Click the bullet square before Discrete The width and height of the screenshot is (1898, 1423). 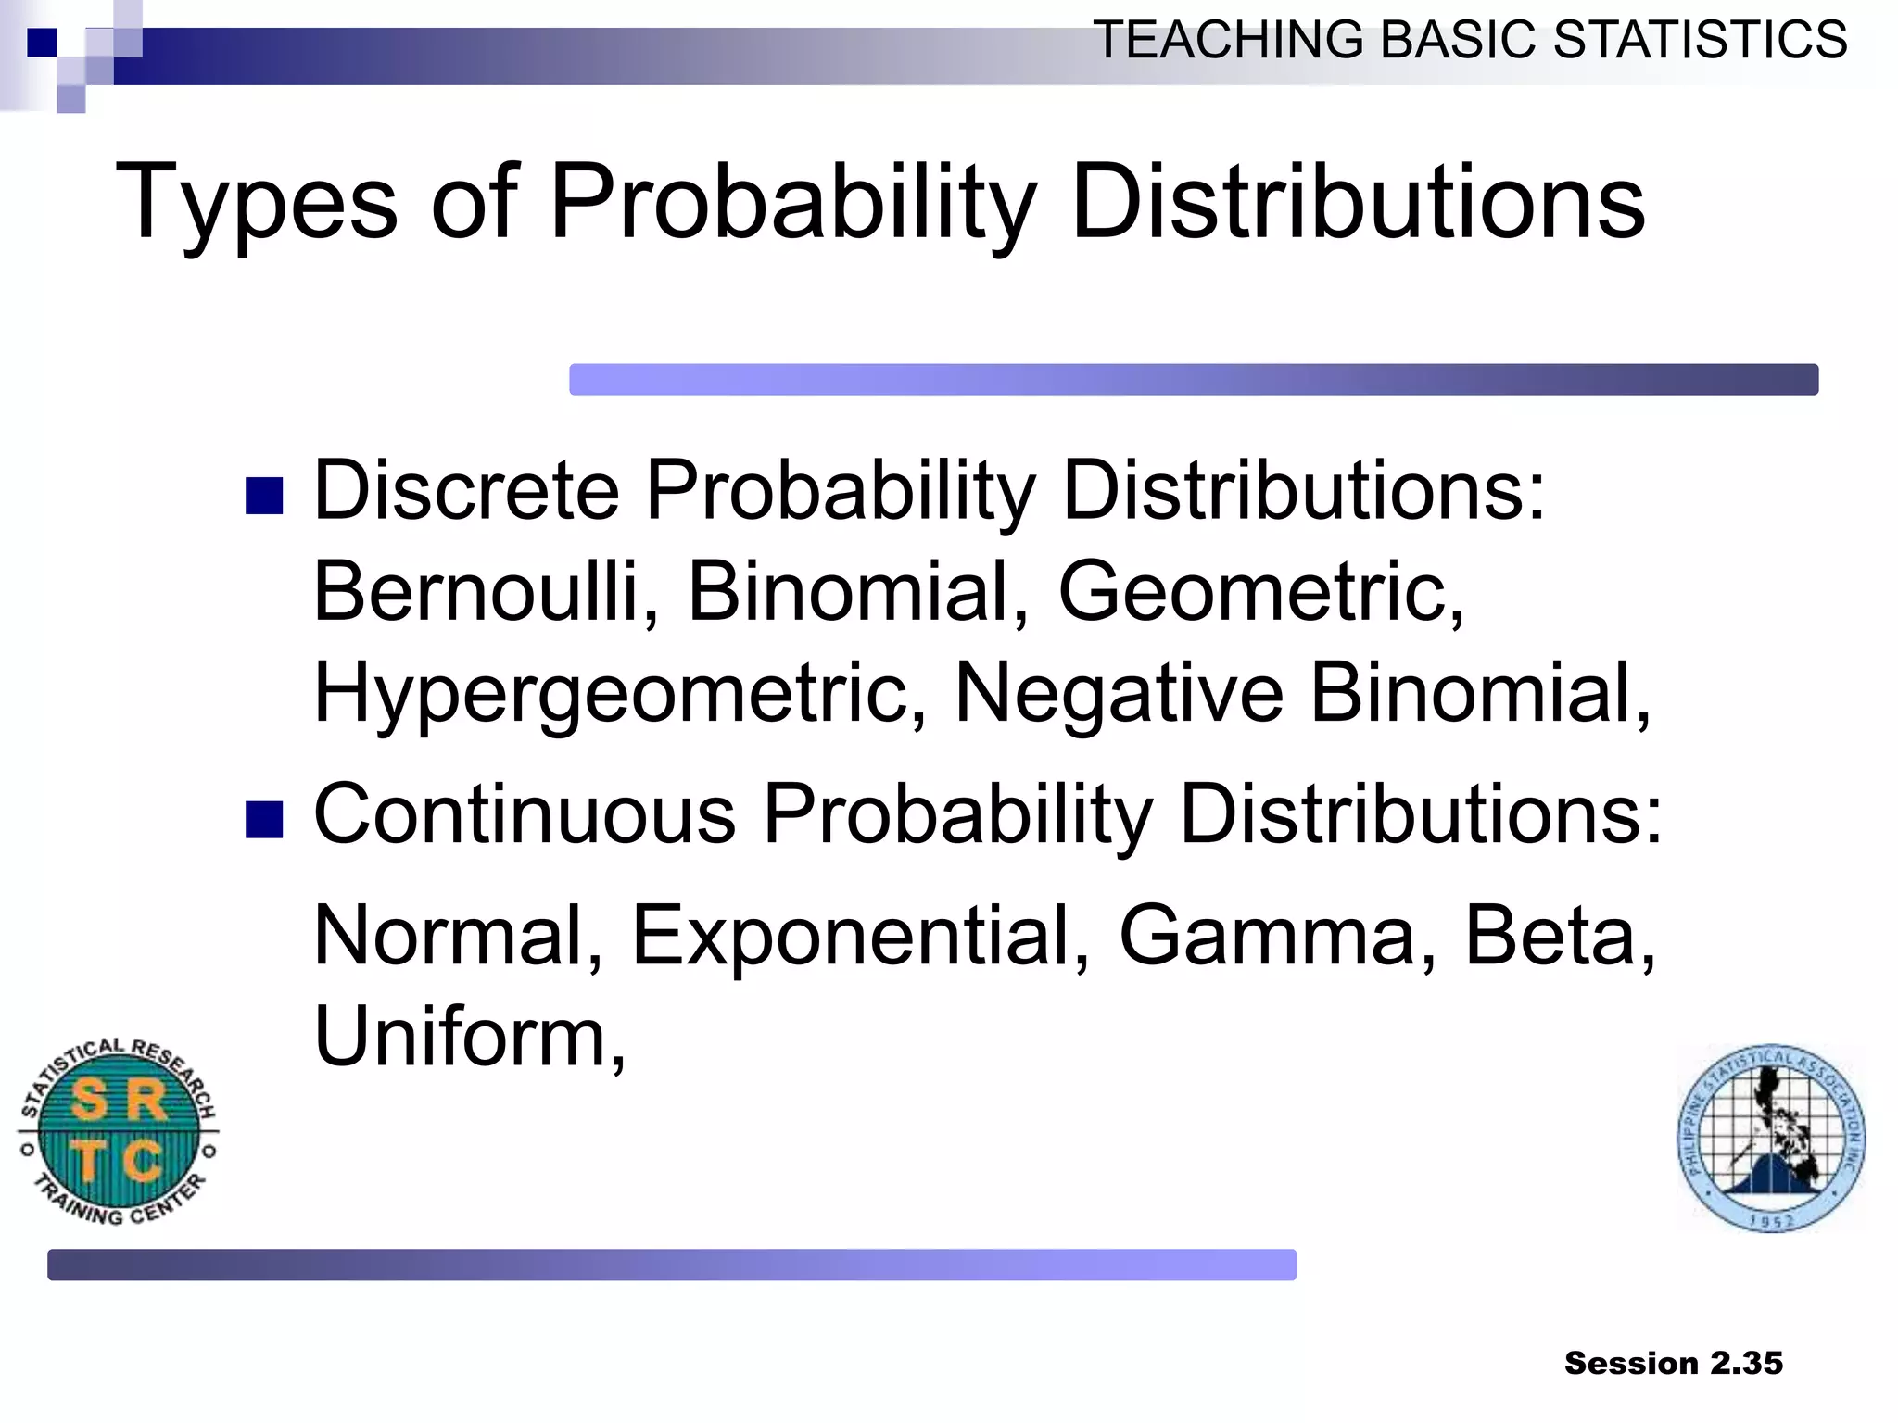(x=264, y=496)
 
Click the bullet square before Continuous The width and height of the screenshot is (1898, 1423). (x=264, y=820)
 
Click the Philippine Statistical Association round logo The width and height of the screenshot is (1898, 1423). (x=1771, y=1138)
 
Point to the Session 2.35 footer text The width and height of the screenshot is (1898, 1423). (x=1673, y=1363)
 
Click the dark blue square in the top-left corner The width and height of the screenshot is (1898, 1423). (x=42, y=43)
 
